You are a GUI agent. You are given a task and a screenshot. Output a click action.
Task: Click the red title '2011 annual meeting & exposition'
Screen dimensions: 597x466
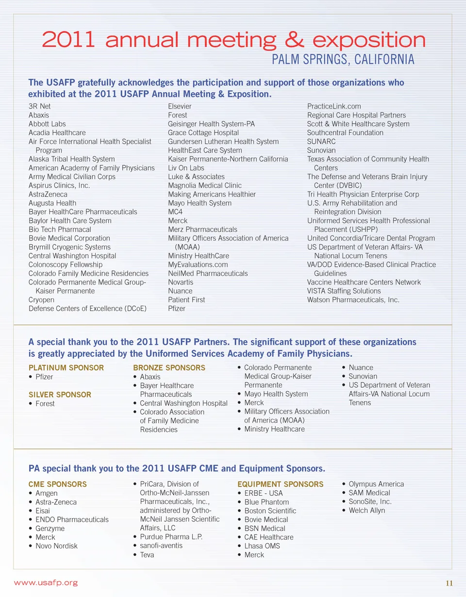point(233,40)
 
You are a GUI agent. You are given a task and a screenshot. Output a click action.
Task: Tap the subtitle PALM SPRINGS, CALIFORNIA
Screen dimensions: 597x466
point(343,60)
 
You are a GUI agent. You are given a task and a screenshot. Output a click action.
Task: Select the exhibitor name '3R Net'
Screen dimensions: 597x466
point(40,106)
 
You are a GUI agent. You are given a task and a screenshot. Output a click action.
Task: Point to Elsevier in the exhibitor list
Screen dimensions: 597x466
point(180,106)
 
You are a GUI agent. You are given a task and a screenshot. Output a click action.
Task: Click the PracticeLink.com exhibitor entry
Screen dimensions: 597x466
point(334,106)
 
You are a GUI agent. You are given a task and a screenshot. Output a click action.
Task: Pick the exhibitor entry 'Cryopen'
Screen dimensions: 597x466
point(41,299)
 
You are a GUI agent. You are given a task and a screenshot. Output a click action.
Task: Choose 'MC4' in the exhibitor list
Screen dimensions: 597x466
point(175,212)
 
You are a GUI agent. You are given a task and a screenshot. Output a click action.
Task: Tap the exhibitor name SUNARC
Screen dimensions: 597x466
point(321,141)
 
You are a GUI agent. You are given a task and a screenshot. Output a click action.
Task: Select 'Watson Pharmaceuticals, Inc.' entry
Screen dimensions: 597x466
point(353,299)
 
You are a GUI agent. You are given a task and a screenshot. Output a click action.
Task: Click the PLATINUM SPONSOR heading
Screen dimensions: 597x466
point(66,368)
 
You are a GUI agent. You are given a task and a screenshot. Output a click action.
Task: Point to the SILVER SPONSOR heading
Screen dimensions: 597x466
point(60,394)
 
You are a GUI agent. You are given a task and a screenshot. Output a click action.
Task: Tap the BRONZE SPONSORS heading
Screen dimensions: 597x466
point(169,368)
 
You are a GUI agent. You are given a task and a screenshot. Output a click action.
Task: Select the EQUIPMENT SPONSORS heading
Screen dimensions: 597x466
point(280,484)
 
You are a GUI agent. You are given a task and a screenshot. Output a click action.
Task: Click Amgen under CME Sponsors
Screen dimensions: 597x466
point(46,493)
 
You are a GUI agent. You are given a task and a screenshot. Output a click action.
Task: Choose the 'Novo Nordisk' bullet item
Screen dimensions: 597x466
point(56,546)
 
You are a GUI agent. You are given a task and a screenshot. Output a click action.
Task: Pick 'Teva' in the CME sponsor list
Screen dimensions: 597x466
point(147,554)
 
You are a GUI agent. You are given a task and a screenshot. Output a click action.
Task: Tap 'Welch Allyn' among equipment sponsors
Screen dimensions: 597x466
point(366,510)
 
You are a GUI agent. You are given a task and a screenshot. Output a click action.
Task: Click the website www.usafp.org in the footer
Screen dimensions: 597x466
point(46,583)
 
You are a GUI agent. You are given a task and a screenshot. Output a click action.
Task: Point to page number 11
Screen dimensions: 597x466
point(449,583)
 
